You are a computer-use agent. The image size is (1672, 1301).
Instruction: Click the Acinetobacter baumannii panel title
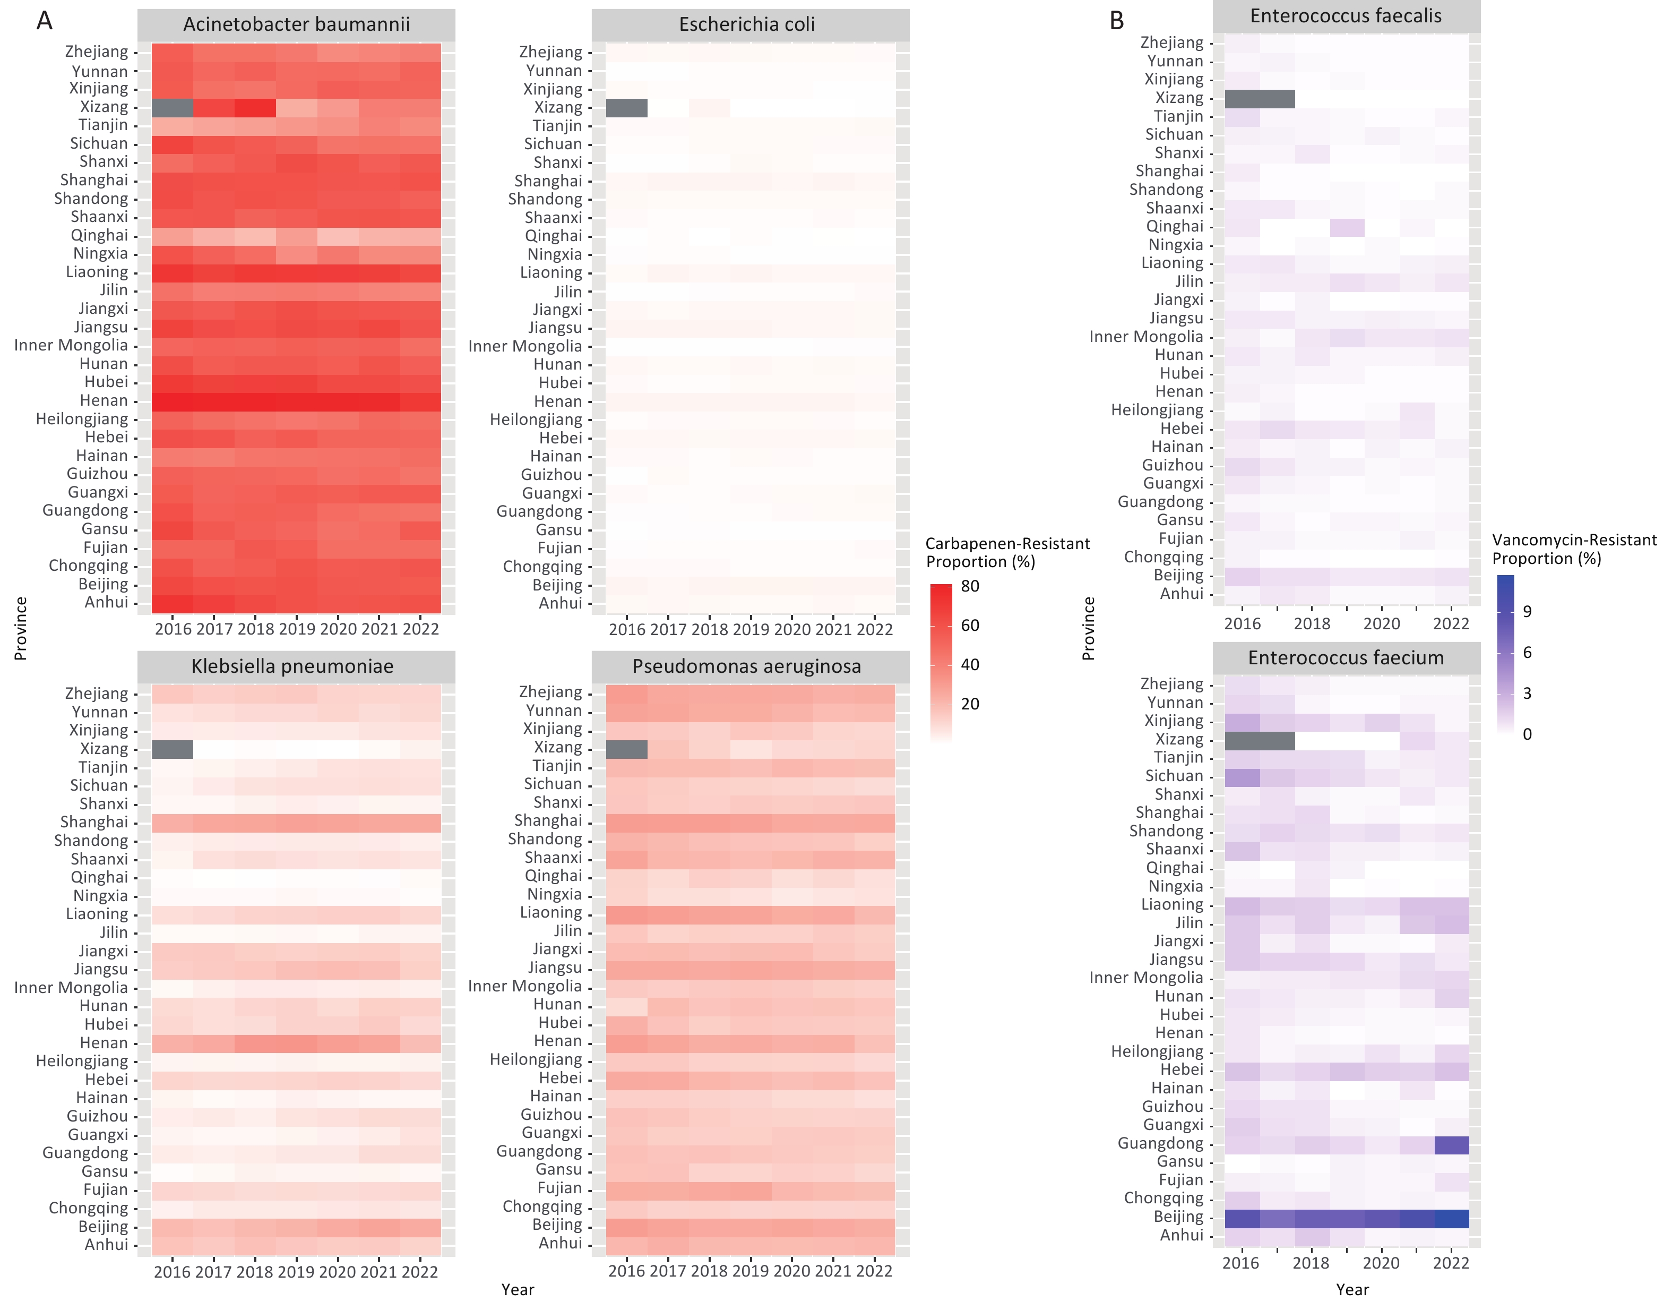click(x=296, y=24)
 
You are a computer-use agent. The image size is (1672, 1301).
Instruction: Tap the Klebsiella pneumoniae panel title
click(x=292, y=666)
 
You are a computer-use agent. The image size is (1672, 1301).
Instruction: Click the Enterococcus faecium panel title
click(x=1346, y=658)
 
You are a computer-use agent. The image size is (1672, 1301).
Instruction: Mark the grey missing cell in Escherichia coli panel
click(x=626, y=108)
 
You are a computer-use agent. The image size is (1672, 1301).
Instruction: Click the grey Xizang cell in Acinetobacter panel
click(x=173, y=108)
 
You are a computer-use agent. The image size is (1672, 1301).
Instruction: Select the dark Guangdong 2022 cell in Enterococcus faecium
click(x=1451, y=1145)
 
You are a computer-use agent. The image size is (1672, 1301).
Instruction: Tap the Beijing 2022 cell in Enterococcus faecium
click(x=1451, y=1218)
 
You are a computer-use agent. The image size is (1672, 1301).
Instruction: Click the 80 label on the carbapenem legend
click(x=970, y=586)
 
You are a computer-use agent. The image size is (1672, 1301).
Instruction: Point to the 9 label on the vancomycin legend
click(x=1527, y=611)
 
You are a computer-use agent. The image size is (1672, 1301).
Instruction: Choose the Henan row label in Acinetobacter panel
click(x=104, y=400)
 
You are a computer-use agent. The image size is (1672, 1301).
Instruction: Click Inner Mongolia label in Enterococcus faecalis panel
click(x=1146, y=337)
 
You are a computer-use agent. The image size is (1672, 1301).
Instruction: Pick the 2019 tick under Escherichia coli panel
click(x=750, y=629)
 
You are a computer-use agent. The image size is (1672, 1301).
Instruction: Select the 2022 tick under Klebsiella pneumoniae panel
click(x=419, y=1272)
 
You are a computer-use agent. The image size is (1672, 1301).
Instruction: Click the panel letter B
click(x=1117, y=21)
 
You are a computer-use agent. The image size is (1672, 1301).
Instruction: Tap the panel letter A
click(x=45, y=21)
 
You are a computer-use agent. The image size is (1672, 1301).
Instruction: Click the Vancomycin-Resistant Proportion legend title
click(x=1574, y=549)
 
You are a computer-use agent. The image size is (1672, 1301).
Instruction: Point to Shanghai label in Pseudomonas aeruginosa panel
click(x=548, y=821)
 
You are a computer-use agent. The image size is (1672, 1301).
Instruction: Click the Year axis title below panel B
click(x=1352, y=1289)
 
